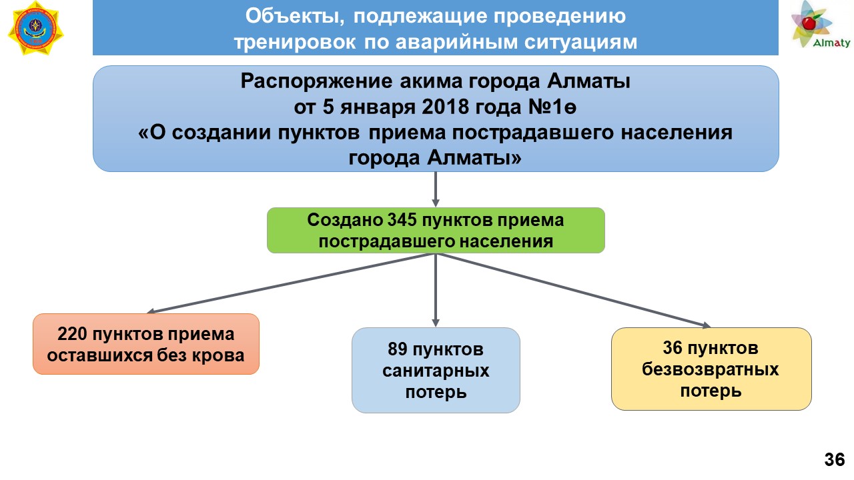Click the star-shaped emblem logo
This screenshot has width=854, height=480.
[36, 28]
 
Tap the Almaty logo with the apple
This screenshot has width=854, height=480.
[820, 25]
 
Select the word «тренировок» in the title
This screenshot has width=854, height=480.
[295, 42]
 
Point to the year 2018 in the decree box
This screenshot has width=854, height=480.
[445, 107]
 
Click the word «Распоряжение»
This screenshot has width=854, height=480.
[316, 81]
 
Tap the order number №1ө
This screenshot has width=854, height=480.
[552, 107]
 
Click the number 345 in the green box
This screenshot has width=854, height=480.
[402, 220]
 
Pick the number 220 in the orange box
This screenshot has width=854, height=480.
[72, 335]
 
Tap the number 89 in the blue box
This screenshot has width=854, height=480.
[397, 349]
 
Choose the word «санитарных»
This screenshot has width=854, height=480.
[436, 371]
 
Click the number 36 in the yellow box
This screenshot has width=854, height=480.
[673, 348]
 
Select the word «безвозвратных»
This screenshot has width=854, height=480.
[711, 369]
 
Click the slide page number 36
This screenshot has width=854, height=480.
[835, 460]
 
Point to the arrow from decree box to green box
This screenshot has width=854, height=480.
[436, 189]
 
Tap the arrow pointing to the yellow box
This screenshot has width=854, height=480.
[573, 290]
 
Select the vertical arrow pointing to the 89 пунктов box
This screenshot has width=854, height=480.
[436, 290]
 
